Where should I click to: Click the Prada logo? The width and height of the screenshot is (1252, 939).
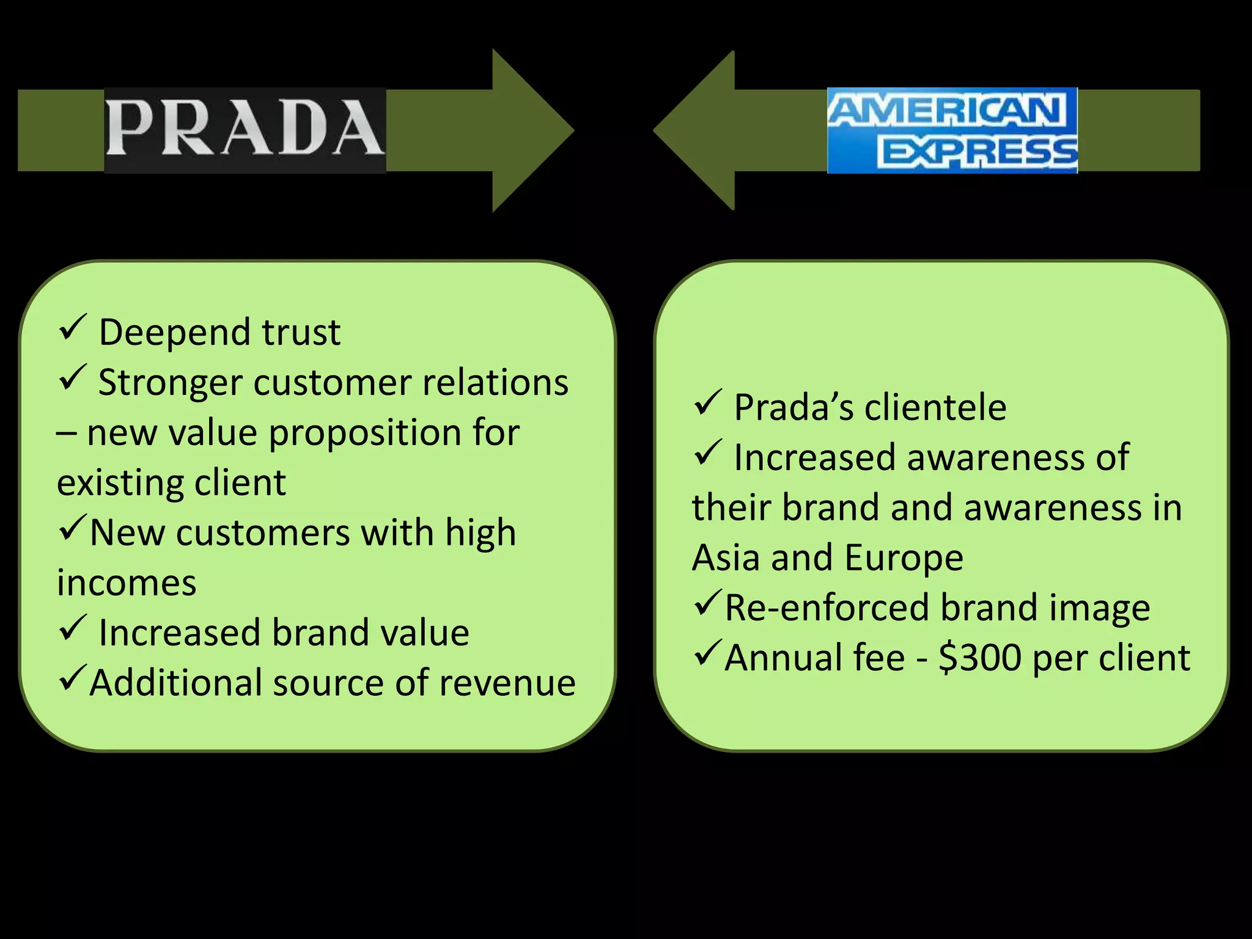(245, 130)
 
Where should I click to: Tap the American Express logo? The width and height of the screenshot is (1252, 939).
(952, 130)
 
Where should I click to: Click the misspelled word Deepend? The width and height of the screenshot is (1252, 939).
(175, 333)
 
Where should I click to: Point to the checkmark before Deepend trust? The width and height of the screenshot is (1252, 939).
(72, 328)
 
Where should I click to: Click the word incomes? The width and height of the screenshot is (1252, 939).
(127, 583)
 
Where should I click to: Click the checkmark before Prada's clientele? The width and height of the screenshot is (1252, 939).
(708, 403)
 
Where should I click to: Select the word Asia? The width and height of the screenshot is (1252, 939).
(726, 558)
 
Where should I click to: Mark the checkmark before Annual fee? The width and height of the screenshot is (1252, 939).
(708, 654)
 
